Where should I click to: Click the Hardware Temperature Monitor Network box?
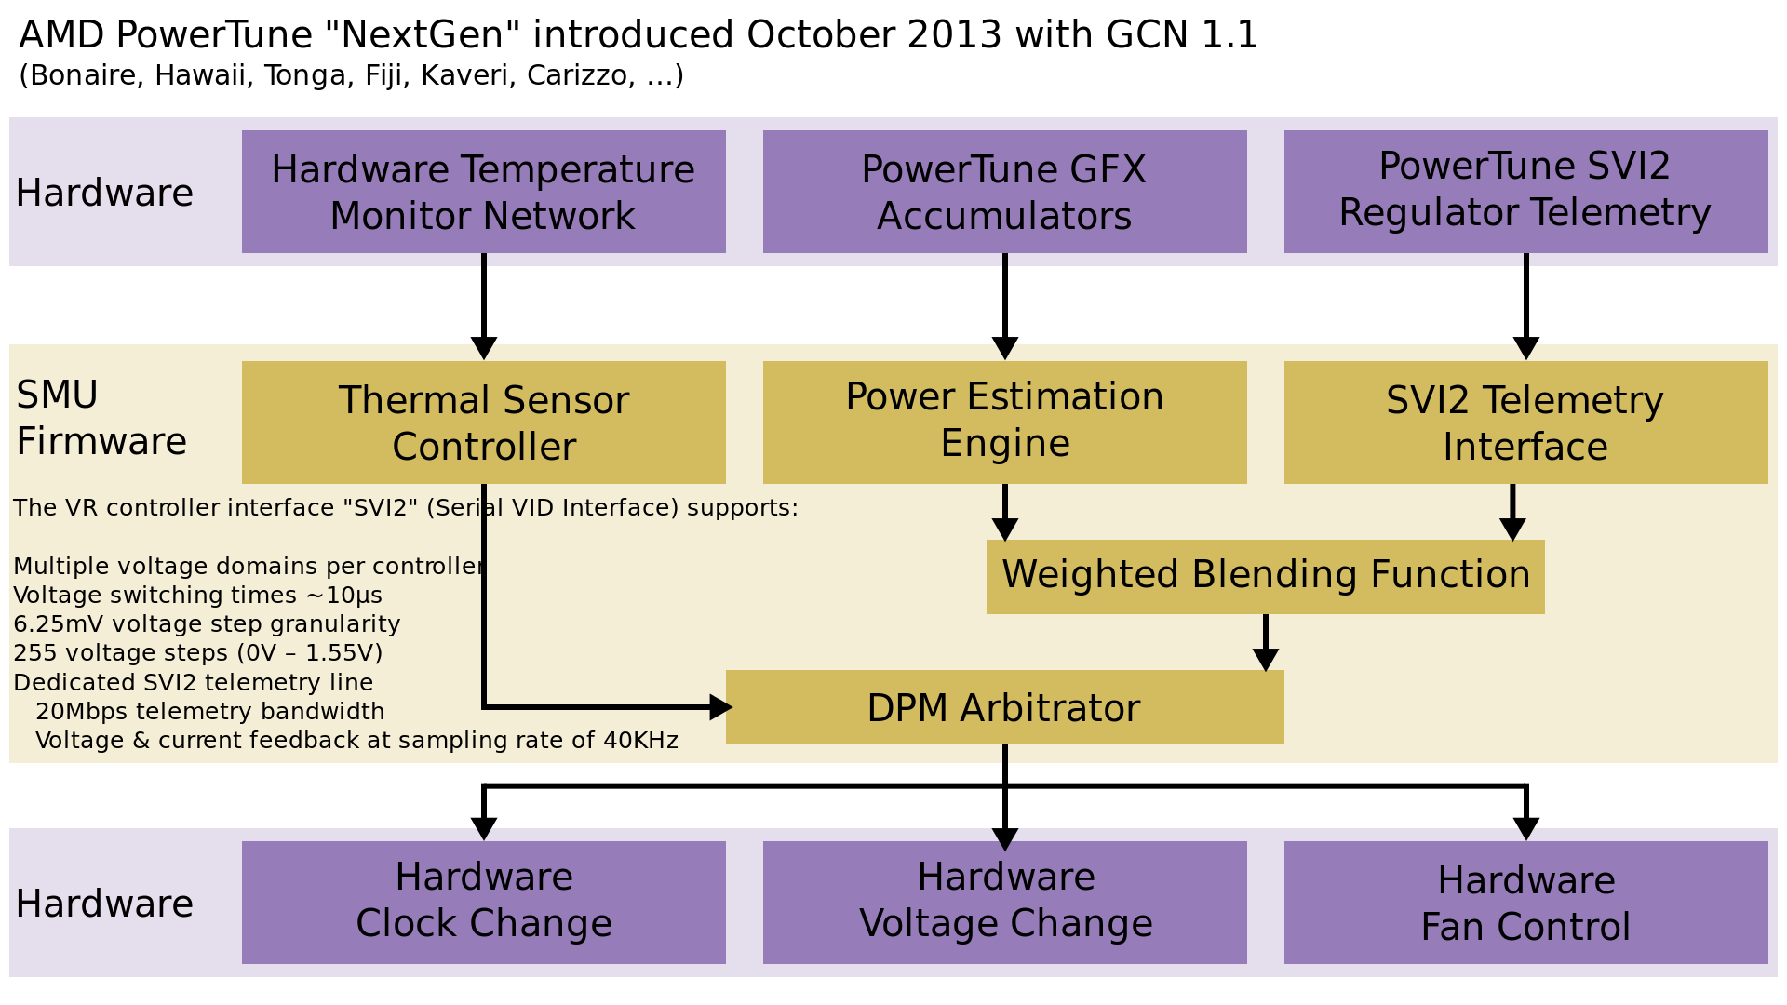483,192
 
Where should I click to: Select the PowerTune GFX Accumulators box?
1004,192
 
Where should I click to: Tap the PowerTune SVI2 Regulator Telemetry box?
1525,192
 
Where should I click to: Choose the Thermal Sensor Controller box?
483,422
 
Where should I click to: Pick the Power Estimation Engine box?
1004,422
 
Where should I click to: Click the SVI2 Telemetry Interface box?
1525,422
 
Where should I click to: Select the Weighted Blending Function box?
1265,576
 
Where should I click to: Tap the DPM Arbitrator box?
1004,707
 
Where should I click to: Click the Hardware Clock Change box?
483,902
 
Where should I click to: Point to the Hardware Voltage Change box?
1004,902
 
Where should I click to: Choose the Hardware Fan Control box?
1525,902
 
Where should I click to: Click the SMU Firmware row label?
101,419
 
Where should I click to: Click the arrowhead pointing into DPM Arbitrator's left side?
720,707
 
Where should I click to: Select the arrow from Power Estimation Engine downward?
1005,512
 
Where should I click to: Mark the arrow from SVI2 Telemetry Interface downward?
1512,512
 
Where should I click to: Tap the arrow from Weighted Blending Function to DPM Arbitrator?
1266,642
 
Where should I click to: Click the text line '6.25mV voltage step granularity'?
207,624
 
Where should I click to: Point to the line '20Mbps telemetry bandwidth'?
209,712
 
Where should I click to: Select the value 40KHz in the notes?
640,741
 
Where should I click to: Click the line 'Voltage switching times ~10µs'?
197,596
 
